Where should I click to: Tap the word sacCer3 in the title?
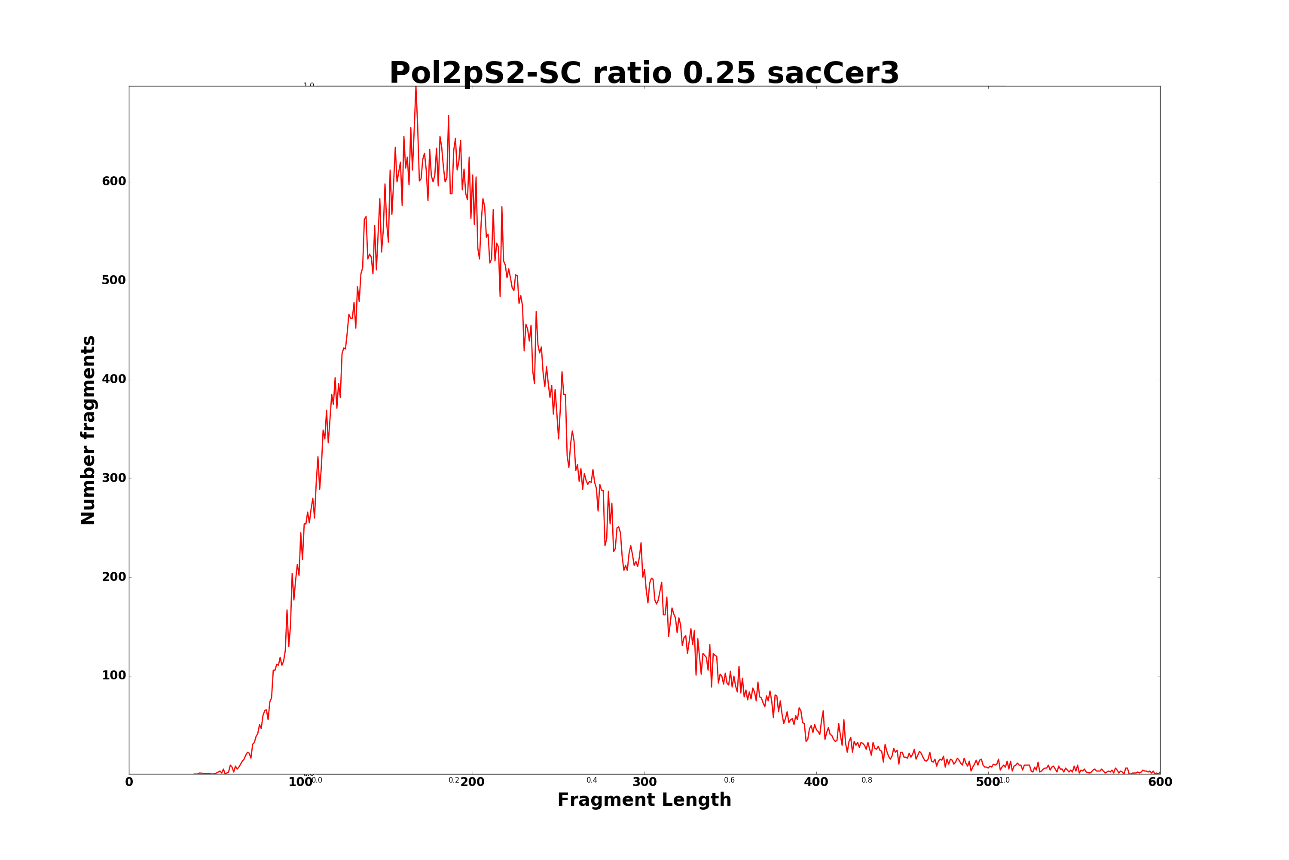coord(833,74)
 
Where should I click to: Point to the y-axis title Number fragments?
coord(88,430)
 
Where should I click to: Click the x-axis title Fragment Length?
coord(644,800)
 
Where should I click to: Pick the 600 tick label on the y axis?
coord(114,181)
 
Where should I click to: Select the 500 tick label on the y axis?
coord(114,280)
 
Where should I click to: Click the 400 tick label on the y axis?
coord(114,380)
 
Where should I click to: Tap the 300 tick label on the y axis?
coord(114,478)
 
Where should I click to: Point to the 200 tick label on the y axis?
coord(114,577)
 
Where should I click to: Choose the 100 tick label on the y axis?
coord(114,676)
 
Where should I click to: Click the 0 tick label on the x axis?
coord(129,783)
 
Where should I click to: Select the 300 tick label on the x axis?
coord(644,783)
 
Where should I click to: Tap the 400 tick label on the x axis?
coord(816,783)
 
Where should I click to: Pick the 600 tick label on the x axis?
coord(1160,783)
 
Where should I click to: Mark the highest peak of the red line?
coord(415,87)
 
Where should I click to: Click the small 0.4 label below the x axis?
coord(592,780)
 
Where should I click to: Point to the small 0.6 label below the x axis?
coord(730,780)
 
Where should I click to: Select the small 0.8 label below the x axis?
coord(867,780)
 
